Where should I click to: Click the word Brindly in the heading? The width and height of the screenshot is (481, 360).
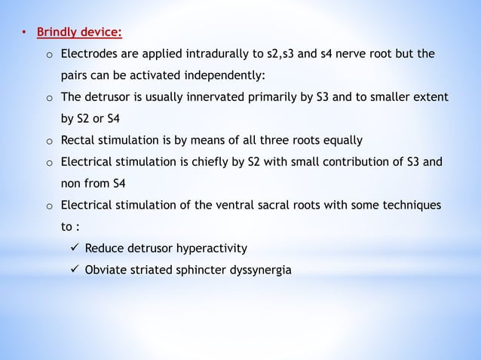pyautogui.click(x=60, y=32)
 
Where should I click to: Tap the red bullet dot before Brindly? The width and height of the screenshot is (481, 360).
pyautogui.click(x=23, y=33)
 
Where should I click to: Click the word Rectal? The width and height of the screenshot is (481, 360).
pyautogui.click(x=79, y=140)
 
